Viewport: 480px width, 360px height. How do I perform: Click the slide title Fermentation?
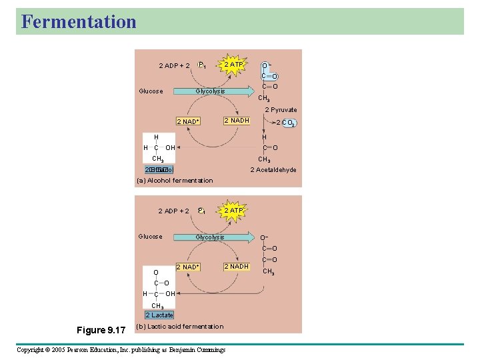[x=79, y=21]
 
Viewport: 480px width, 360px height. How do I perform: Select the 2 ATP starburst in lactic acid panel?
[x=233, y=211]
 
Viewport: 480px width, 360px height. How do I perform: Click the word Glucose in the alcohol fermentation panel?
[x=151, y=91]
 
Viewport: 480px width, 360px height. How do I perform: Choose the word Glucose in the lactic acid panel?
[x=151, y=237]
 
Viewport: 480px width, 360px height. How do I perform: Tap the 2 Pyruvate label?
[x=281, y=110]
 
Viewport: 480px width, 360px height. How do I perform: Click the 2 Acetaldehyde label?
[x=273, y=170]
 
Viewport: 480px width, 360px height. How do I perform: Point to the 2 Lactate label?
[x=159, y=315]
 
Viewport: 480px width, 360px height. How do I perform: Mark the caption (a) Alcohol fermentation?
[x=175, y=181]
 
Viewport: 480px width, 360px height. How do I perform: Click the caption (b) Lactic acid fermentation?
[x=179, y=327]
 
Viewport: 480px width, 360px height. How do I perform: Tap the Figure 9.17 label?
[x=101, y=330]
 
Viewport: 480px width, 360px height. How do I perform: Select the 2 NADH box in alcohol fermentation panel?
[x=237, y=121]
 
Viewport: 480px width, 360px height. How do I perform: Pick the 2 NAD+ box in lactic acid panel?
[x=188, y=267]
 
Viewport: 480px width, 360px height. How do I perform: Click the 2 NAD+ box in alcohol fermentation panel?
[x=188, y=122]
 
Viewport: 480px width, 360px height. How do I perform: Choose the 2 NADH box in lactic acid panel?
[x=237, y=267]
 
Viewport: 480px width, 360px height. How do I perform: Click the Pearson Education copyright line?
[x=121, y=350]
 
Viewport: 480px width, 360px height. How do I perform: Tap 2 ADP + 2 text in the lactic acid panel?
[x=173, y=211]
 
